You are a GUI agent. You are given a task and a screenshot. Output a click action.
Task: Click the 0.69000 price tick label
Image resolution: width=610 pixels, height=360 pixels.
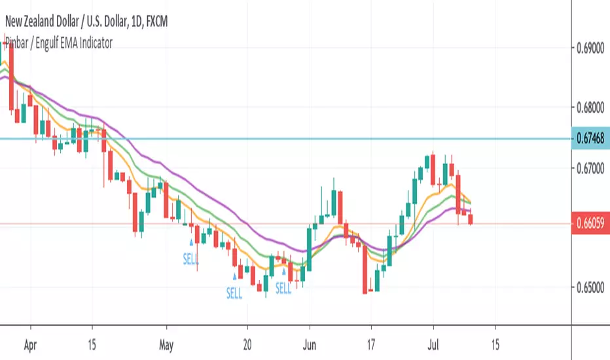pos(589,49)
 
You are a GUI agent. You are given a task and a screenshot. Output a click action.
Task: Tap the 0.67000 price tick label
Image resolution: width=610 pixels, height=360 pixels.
pos(589,169)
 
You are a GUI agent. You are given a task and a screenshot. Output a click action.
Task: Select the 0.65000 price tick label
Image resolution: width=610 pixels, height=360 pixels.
pos(589,287)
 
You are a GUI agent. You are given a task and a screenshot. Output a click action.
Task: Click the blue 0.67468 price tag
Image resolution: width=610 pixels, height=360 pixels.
pos(589,139)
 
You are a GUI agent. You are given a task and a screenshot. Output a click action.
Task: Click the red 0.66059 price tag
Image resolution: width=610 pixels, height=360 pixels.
pos(589,224)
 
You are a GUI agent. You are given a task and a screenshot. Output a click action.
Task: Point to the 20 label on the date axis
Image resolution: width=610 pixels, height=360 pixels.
pos(247,342)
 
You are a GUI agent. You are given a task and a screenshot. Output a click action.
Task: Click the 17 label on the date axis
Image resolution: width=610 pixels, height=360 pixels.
pos(371,342)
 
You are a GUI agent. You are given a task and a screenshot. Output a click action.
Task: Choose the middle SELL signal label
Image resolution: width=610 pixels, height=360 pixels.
pos(234,294)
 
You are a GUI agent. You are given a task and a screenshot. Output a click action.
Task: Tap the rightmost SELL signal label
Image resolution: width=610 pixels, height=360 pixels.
pos(284,288)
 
